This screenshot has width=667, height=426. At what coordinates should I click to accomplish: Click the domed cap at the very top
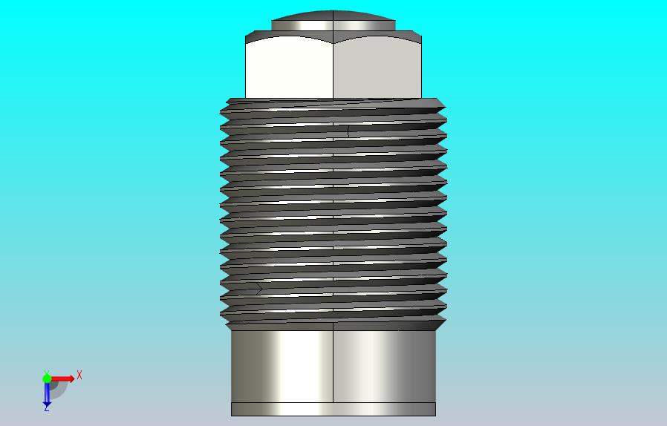click(x=333, y=16)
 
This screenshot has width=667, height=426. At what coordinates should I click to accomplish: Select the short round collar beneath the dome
click(x=333, y=25)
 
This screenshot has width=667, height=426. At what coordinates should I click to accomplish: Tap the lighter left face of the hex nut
click(x=289, y=68)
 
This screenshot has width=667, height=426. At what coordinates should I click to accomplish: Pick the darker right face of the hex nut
click(x=377, y=68)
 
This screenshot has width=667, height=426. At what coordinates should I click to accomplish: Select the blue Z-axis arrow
click(x=47, y=393)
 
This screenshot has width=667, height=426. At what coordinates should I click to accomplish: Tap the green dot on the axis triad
click(x=47, y=378)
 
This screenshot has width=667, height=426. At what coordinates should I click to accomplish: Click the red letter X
click(x=79, y=376)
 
